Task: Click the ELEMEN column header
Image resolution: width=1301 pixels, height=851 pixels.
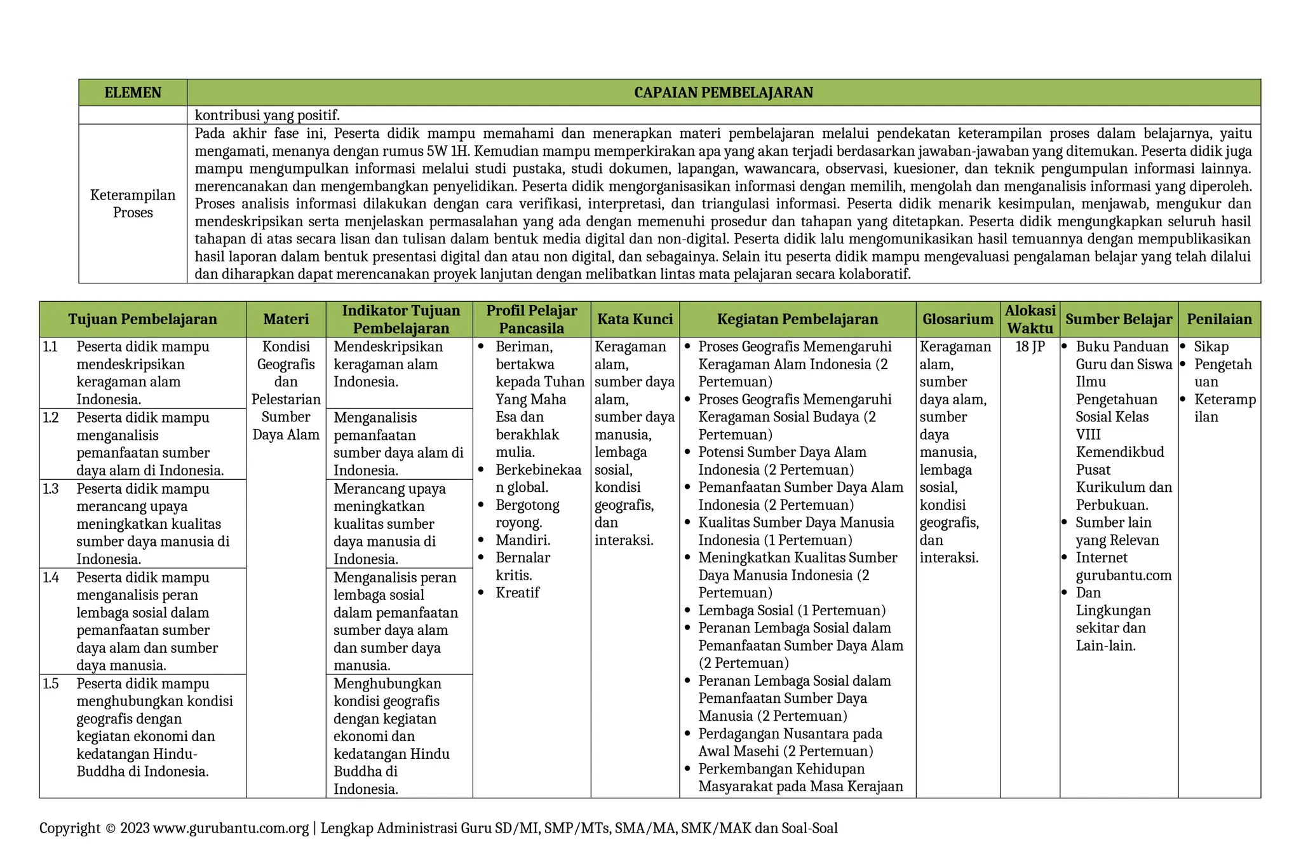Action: (133, 93)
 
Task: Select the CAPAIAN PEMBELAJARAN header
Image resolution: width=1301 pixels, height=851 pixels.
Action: (723, 93)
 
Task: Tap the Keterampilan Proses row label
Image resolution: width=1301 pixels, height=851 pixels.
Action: (133, 203)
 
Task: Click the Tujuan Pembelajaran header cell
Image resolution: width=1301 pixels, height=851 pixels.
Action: (142, 319)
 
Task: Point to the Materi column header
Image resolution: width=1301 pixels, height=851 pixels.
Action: (286, 319)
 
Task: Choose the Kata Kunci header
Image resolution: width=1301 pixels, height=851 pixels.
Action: (635, 319)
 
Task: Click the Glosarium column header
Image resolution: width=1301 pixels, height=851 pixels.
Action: (957, 319)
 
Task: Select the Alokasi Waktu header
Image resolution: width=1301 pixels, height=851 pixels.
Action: (1030, 319)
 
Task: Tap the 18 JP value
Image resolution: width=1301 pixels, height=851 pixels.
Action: (1030, 347)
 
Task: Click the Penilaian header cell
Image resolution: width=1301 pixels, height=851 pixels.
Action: (1219, 319)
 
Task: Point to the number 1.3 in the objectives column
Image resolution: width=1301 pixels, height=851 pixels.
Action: (51, 489)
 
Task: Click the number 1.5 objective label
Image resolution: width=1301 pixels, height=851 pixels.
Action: (51, 684)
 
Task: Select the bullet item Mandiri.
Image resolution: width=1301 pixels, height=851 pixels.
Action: (522, 540)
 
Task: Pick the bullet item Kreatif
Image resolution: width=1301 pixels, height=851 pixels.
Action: (517, 593)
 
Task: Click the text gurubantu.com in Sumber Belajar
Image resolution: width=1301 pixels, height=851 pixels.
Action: (1123, 576)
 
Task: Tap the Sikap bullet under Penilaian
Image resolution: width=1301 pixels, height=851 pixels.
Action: (1211, 347)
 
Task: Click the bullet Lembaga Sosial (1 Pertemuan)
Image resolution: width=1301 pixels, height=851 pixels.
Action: (792, 611)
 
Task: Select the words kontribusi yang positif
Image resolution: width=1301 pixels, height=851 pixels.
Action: (267, 115)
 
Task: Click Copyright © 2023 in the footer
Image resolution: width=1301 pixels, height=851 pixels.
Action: (94, 828)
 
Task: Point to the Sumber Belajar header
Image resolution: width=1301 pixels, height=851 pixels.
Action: (1118, 319)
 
